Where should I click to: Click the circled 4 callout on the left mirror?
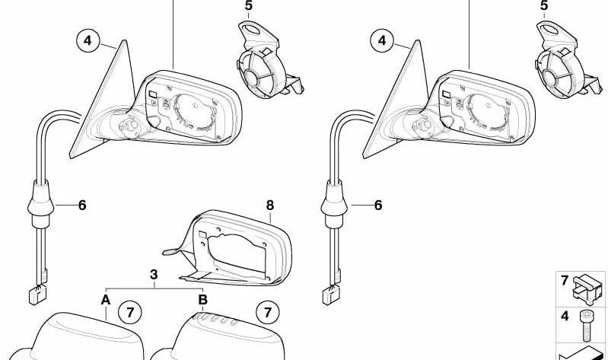[88, 40]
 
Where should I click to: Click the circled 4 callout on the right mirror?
[382, 40]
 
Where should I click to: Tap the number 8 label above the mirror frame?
[270, 205]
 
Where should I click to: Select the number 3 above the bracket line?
[154, 275]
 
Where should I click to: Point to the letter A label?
[106, 300]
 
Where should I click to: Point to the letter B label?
[203, 300]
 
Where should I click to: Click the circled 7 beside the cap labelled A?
[130, 312]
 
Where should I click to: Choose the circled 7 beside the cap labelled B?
[268, 312]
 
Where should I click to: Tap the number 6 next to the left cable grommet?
[82, 205]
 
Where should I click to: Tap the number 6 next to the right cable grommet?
[378, 205]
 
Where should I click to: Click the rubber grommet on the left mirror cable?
[41, 205]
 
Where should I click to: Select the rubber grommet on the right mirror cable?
[334, 205]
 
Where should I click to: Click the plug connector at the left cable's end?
[37, 295]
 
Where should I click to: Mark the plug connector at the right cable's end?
[331, 295]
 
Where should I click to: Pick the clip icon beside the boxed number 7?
[589, 289]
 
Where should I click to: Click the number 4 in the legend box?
[565, 316]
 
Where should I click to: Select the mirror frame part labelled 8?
[228, 247]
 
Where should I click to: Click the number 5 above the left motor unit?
[249, 6]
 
